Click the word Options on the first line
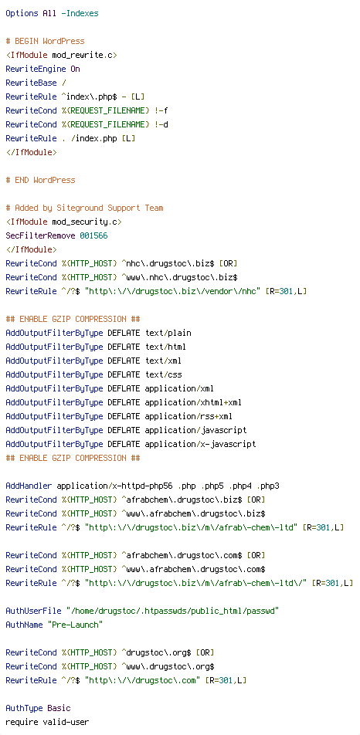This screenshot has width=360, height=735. click(x=22, y=14)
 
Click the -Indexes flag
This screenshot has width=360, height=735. click(x=80, y=14)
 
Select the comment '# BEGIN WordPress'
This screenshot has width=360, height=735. click(x=45, y=41)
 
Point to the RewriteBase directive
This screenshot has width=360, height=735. click(x=31, y=83)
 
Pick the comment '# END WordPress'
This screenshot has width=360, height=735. click(x=40, y=180)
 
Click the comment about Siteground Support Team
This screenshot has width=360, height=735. click(x=84, y=208)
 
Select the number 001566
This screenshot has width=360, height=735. click(x=93, y=235)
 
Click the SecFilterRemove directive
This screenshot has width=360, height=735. click(x=40, y=235)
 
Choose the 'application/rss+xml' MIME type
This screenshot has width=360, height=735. click(x=188, y=416)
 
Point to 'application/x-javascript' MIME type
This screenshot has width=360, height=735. click(x=200, y=444)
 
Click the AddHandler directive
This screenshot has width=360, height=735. click(x=29, y=486)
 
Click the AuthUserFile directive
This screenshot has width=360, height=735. click(x=33, y=611)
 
